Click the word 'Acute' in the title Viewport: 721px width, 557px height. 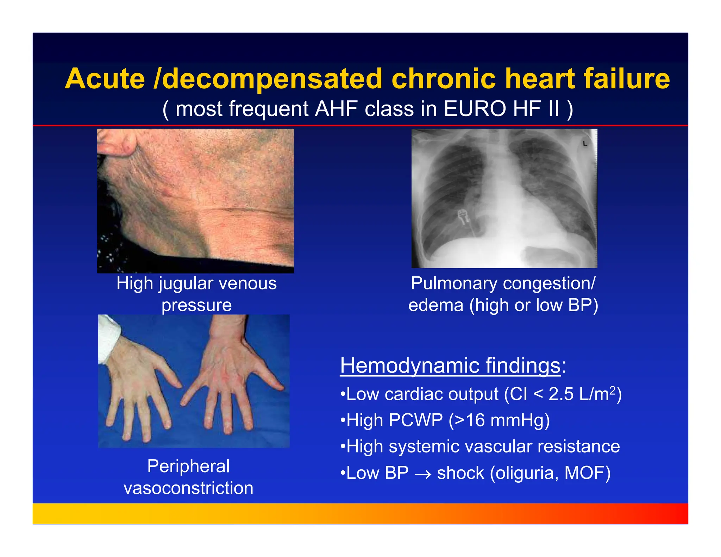[105, 79]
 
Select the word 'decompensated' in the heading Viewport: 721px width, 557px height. [272, 79]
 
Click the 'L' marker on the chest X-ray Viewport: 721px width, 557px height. [585, 143]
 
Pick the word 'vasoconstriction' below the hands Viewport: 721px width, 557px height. [188, 488]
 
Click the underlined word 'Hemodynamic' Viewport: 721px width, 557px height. [409, 365]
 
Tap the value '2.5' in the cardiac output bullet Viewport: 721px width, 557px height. [561, 394]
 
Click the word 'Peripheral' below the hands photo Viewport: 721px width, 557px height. [188, 466]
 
